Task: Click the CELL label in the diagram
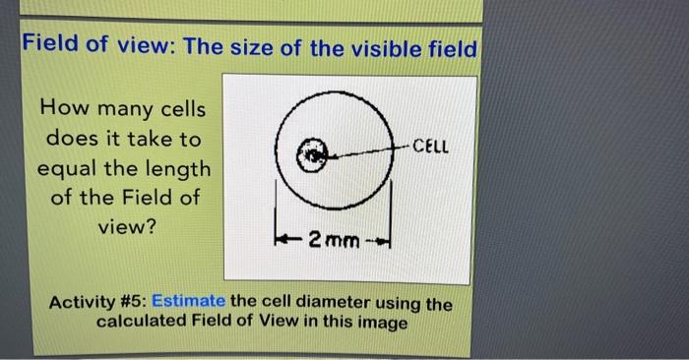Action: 431,148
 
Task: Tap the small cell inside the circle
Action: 316,155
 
